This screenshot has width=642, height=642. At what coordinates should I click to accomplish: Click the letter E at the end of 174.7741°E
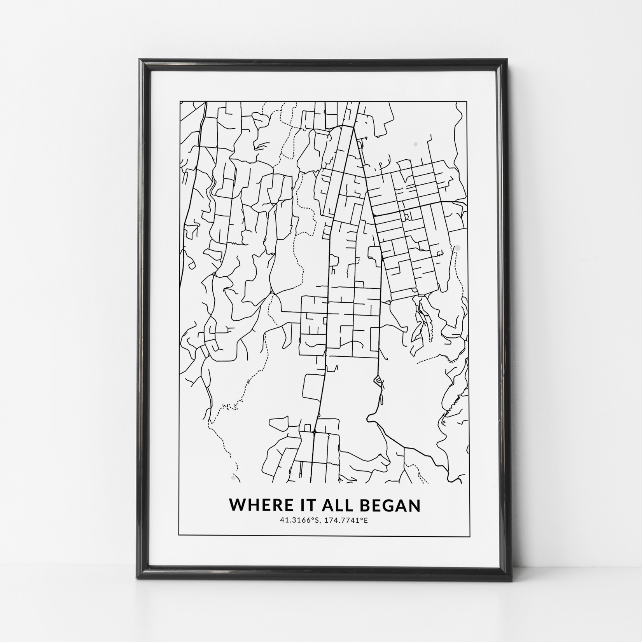[x=366, y=520]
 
